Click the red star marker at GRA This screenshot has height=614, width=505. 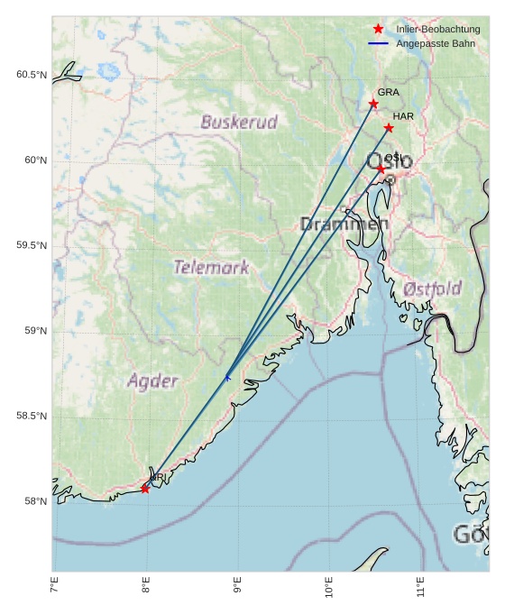(x=373, y=104)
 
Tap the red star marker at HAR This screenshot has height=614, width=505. (x=389, y=128)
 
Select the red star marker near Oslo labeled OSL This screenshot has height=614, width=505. (x=381, y=170)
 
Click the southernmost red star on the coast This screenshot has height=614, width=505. (x=145, y=489)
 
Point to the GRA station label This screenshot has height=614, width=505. (x=388, y=92)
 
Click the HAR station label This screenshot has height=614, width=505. (x=403, y=116)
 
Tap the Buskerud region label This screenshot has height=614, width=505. (x=239, y=122)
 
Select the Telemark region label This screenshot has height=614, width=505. (x=211, y=267)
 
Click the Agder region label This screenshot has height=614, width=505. (x=152, y=380)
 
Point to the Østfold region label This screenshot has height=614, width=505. (x=433, y=289)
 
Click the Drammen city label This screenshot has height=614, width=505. (x=344, y=224)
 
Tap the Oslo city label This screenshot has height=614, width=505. (x=390, y=161)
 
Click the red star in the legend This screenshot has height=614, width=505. (x=378, y=29)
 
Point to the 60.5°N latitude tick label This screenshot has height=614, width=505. (x=32, y=75)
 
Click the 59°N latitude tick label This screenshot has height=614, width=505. (x=36, y=331)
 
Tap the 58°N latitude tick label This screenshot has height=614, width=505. (x=36, y=501)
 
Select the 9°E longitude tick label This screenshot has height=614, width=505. (x=237, y=590)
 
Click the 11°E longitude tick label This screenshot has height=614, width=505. (x=420, y=590)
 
